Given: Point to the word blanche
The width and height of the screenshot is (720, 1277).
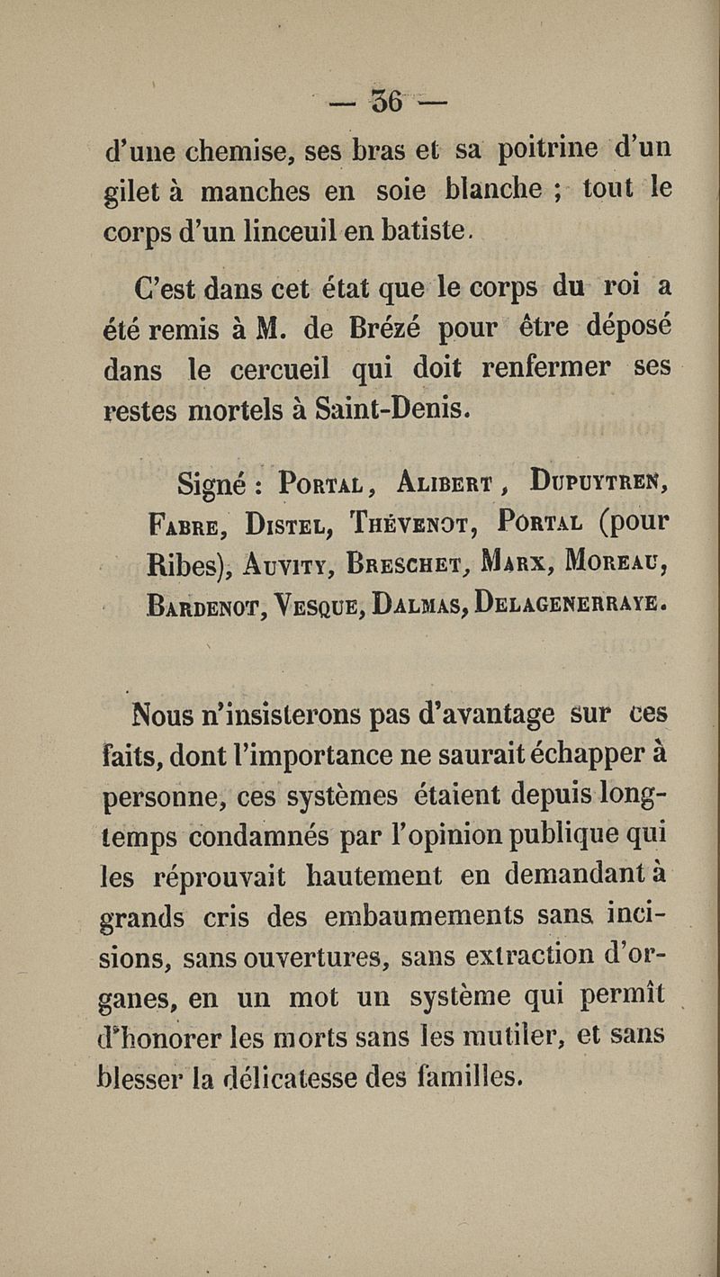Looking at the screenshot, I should [x=492, y=190].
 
